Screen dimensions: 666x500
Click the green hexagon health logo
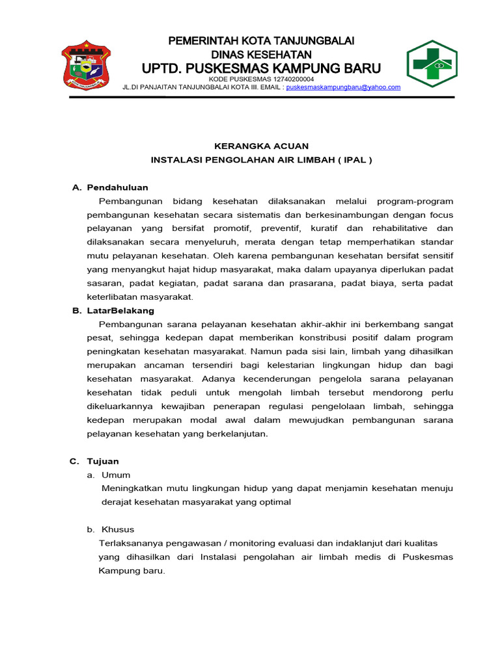[x=432, y=63]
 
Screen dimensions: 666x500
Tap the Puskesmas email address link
[x=343, y=87]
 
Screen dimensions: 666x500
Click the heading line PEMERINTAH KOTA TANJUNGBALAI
[x=261, y=41]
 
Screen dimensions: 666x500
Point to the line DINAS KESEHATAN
[x=261, y=54]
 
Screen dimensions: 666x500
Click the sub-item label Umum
[x=116, y=475]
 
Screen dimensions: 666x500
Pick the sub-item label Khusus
[x=118, y=529]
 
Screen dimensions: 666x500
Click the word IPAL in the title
[x=352, y=159]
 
